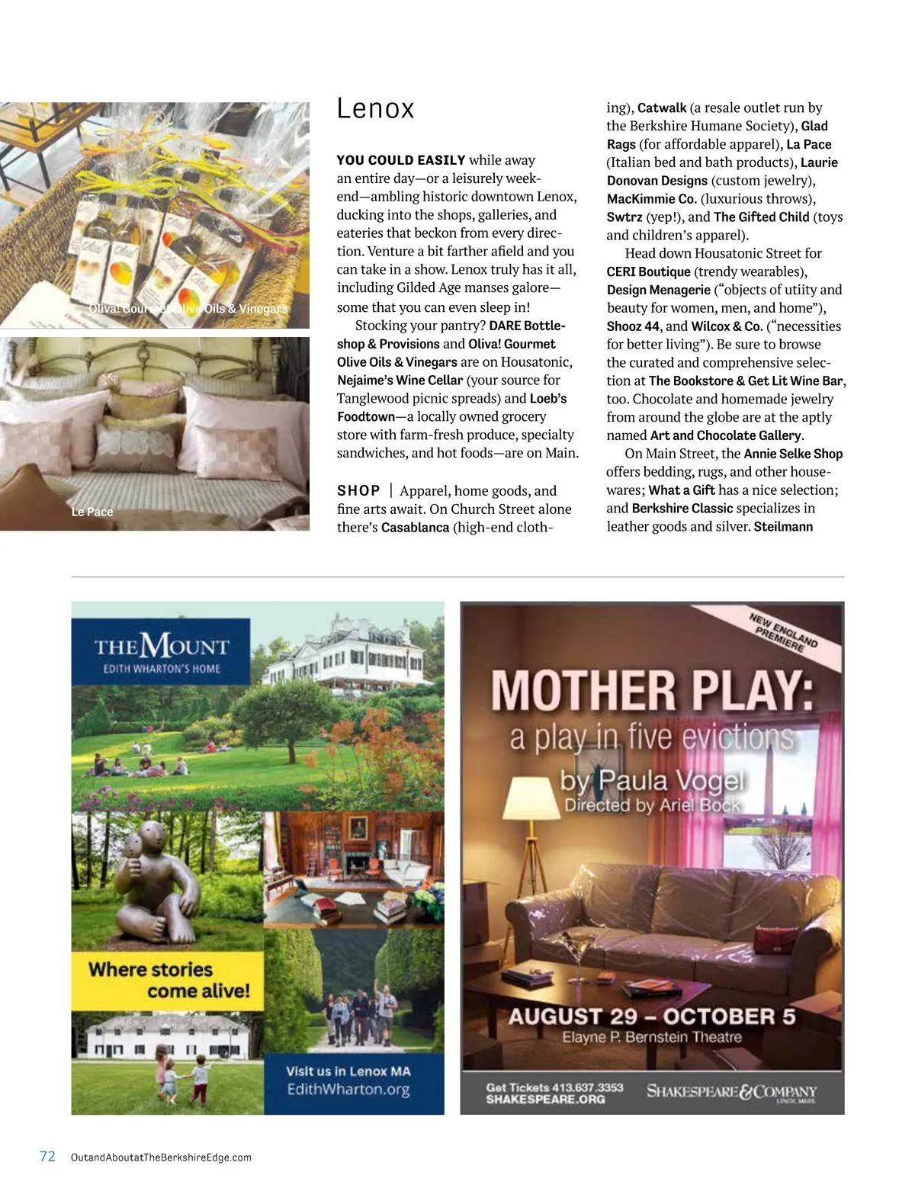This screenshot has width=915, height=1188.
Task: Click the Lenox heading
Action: (375, 109)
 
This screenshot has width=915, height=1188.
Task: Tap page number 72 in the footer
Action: (47, 1156)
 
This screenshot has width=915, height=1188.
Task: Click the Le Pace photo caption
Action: (92, 512)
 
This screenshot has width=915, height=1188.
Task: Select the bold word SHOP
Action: (358, 491)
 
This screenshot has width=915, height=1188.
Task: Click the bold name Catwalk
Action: (662, 108)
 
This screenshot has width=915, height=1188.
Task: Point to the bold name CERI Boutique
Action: (648, 271)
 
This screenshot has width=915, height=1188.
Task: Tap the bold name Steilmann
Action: (783, 527)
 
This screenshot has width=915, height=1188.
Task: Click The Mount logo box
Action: (161, 651)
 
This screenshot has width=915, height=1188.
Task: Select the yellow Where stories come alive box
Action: (167, 980)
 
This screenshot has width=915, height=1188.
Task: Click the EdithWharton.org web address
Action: (348, 1090)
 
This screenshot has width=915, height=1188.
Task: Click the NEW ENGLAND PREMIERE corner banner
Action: (782, 633)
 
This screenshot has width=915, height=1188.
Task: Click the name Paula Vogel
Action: (671, 780)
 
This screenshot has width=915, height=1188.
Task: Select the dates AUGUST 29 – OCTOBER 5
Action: (651, 1016)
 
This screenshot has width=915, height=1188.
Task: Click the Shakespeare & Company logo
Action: (731, 1092)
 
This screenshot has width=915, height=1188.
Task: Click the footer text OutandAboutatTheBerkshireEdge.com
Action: (161, 1157)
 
